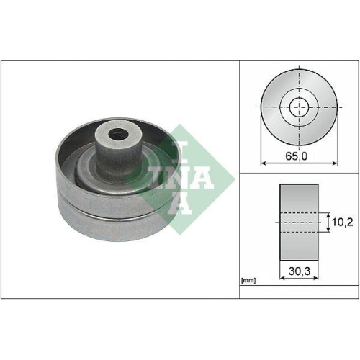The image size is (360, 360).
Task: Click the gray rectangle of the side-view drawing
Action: (x=298, y=223)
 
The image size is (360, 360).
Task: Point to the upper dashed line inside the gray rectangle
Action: (x=298, y=213)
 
